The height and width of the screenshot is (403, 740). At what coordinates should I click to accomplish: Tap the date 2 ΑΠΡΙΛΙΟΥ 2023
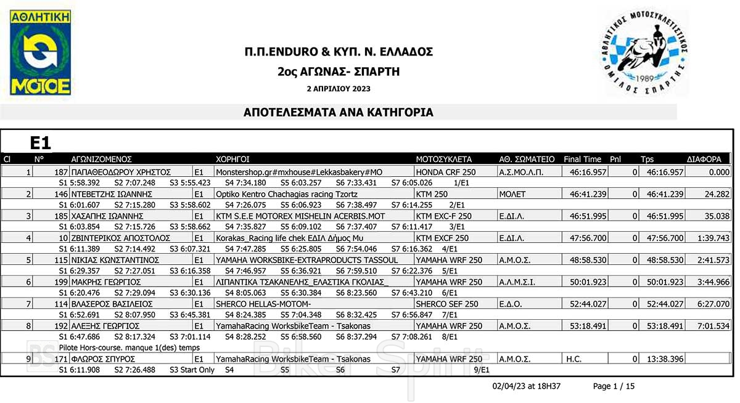339,89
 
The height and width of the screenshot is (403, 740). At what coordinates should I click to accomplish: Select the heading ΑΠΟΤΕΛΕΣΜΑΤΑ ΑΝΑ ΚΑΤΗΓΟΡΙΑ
339,113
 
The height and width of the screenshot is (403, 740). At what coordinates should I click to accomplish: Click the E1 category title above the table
41,144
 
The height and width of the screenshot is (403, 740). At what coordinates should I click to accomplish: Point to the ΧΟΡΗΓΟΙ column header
232,159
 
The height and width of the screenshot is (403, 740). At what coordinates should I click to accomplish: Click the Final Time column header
582,159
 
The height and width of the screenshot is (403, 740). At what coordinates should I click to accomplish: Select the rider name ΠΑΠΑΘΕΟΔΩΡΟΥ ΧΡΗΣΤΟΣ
121,172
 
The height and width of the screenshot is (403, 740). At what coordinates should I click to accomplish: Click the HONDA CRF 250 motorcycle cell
446,172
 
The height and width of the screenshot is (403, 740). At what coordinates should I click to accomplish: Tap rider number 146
61,194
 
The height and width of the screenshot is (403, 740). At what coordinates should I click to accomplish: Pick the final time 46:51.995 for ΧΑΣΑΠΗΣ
588,216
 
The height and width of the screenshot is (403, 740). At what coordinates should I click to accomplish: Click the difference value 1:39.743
715,238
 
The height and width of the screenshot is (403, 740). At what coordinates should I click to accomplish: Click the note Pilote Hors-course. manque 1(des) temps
129,348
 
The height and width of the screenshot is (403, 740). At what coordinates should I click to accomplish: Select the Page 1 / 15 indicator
614,386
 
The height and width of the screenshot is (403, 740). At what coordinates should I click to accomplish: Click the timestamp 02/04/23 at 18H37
526,386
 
